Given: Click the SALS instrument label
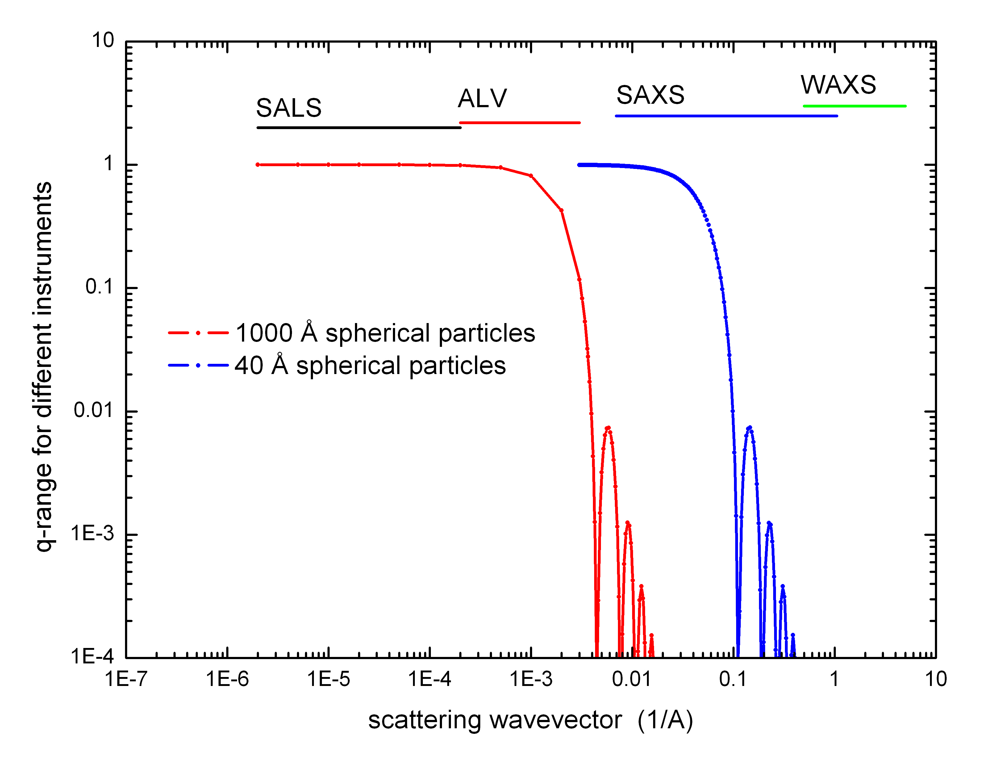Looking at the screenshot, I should click(x=289, y=108).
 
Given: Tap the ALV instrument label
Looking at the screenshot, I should click(x=482, y=99).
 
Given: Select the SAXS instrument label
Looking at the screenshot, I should click(x=650, y=95).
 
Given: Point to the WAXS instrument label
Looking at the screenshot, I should click(x=838, y=85).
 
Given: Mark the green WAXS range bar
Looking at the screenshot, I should click(x=854, y=106).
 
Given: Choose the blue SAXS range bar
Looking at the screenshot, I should click(x=726, y=116).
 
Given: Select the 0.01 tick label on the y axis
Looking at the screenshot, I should click(x=93, y=410).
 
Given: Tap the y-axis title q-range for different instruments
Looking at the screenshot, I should click(x=44, y=367).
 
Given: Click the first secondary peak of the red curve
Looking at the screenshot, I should click(x=608, y=428).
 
